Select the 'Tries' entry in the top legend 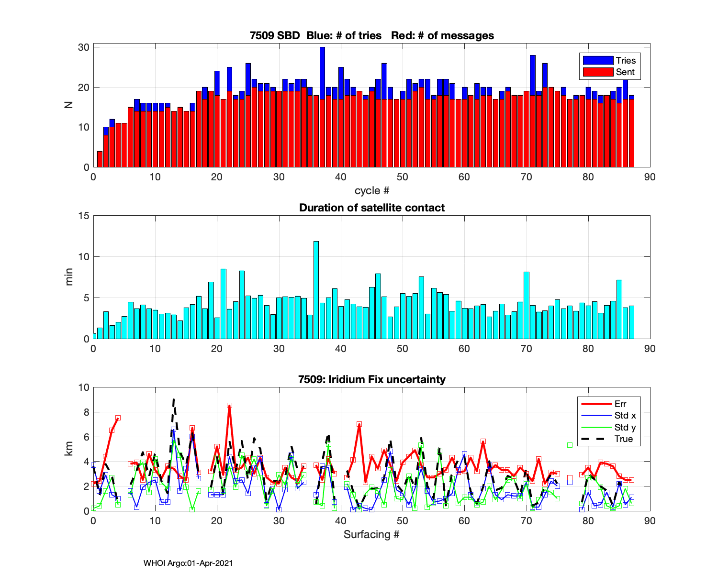pos(625,60)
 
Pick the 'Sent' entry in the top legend pos(625,72)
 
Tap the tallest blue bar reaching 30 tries pos(322,72)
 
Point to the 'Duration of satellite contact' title pos(371,208)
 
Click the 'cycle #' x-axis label pos(371,190)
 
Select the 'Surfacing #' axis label pos(371,534)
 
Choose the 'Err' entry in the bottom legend pos(620,404)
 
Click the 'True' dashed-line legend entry pos(623,439)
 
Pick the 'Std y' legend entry pos(625,427)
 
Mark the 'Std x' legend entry pos(625,415)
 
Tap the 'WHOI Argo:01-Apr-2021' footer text pos(188,563)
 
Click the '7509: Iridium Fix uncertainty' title pos(371,379)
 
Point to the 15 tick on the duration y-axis pos(84,216)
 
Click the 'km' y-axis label pos(69,449)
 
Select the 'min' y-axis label pos(69,277)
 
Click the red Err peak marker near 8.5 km pos(229,406)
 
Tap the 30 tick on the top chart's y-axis pos(84,47)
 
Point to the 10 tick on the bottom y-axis pos(84,387)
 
